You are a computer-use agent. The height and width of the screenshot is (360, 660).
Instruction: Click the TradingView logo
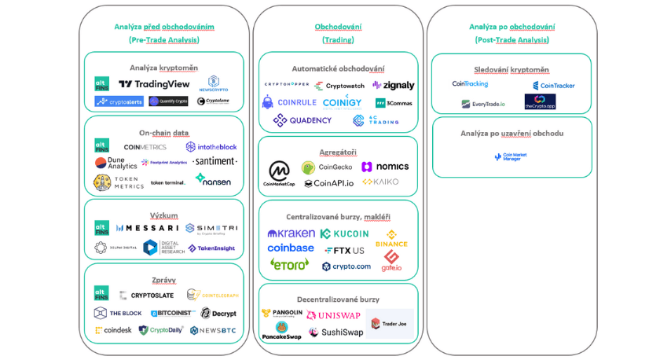pyautogui.click(x=154, y=84)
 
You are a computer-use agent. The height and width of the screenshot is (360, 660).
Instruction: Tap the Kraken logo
pyautogui.click(x=291, y=233)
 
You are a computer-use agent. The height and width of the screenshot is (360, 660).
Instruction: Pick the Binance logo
pyautogui.click(x=391, y=238)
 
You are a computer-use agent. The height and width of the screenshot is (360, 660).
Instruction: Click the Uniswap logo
pyautogui.click(x=334, y=315)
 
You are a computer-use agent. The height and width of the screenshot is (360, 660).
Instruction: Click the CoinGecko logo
pyautogui.click(x=326, y=167)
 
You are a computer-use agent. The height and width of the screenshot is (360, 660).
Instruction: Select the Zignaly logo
pyautogui.click(x=394, y=86)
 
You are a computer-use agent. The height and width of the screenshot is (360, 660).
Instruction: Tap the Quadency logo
pyautogui.click(x=302, y=120)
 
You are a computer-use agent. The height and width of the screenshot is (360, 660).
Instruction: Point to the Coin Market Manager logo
pyautogui.click(x=511, y=157)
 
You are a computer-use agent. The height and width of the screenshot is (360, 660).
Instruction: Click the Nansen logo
pyautogui.click(x=213, y=180)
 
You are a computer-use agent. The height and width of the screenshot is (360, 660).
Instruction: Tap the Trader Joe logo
pyautogui.click(x=389, y=323)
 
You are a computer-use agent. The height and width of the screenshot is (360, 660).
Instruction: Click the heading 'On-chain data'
pyautogui.click(x=163, y=133)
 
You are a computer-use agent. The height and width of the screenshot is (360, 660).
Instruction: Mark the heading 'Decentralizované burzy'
pyautogui.click(x=338, y=299)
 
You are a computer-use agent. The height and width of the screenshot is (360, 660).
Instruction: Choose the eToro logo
pyautogui.click(x=289, y=264)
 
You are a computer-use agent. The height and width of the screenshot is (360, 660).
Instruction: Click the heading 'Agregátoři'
pyautogui.click(x=338, y=152)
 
